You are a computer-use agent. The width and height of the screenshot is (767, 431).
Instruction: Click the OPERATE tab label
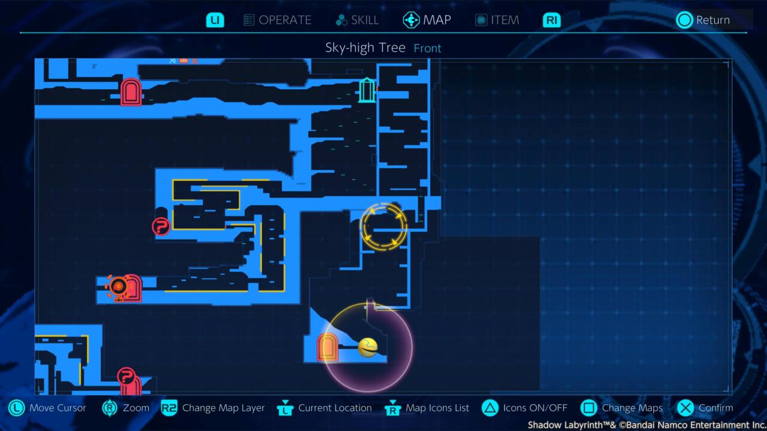tap(285, 20)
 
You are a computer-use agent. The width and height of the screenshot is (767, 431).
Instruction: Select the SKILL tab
tap(364, 20)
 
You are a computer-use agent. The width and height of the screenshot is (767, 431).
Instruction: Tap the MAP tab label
tap(437, 20)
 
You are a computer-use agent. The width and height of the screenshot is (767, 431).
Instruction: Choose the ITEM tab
tap(505, 20)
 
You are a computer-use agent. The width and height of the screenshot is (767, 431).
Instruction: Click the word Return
tap(712, 20)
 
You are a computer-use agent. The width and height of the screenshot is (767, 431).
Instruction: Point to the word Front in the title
tap(427, 48)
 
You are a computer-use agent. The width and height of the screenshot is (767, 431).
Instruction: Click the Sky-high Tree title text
tap(365, 48)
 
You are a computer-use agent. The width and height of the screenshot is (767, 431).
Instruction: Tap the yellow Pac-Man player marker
tap(367, 348)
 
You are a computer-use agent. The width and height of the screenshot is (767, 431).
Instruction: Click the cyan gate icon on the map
tap(367, 90)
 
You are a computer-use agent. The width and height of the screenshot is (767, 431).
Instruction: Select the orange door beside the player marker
tap(328, 347)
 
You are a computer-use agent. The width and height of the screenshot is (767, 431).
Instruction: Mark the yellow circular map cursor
tap(384, 226)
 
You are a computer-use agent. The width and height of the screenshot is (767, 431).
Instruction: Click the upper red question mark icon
tap(161, 226)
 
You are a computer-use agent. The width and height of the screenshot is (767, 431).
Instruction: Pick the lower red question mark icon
tap(126, 377)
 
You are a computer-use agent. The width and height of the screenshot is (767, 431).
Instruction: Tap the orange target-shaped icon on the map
tap(118, 287)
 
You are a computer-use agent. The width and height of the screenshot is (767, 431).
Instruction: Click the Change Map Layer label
tap(223, 408)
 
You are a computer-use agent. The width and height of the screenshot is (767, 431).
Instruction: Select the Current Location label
tap(335, 408)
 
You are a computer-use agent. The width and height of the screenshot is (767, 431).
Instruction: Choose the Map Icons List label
tap(437, 408)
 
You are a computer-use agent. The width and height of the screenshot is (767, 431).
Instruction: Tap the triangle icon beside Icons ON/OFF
tap(490, 408)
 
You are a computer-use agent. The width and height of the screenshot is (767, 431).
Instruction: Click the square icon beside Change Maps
tap(589, 408)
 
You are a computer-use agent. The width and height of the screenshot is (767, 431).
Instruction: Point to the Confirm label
tap(715, 408)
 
